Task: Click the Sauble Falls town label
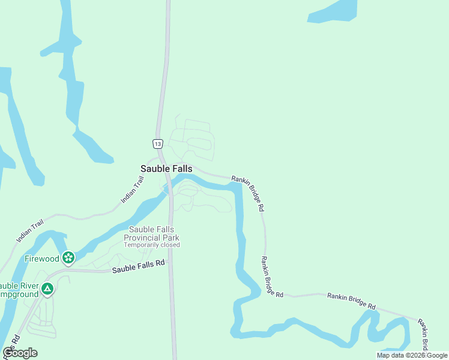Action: (x=166, y=169)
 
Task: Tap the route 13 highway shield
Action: (x=157, y=144)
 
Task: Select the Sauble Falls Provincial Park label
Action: (x=152, y=233)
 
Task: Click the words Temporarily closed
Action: (x=152, y=245)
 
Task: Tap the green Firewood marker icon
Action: (x=68, y=258)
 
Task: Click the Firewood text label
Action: (x=42, y=259)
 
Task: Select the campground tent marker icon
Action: (x=47, y=289)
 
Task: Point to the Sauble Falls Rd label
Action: (x=138, y=267)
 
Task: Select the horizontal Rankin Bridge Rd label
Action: (x=351, y=301)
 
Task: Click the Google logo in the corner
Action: (x=20, y=353)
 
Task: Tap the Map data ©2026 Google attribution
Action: (x=412, y=355)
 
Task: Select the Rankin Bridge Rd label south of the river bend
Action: (x=271, y=276)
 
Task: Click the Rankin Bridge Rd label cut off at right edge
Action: (x=423, y=336)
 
